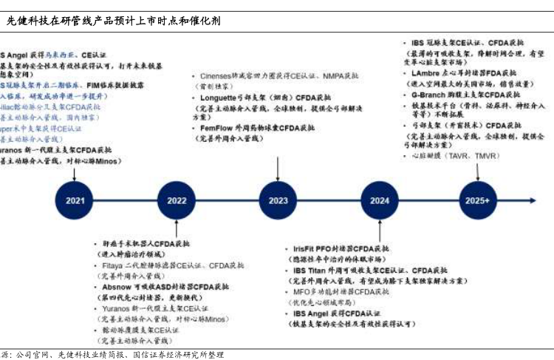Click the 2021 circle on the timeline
(75, 200)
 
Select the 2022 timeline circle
(177, 200)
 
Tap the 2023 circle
(278, 200)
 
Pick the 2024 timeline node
(380, 200)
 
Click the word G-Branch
(428, 95)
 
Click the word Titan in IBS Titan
(317, 271)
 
